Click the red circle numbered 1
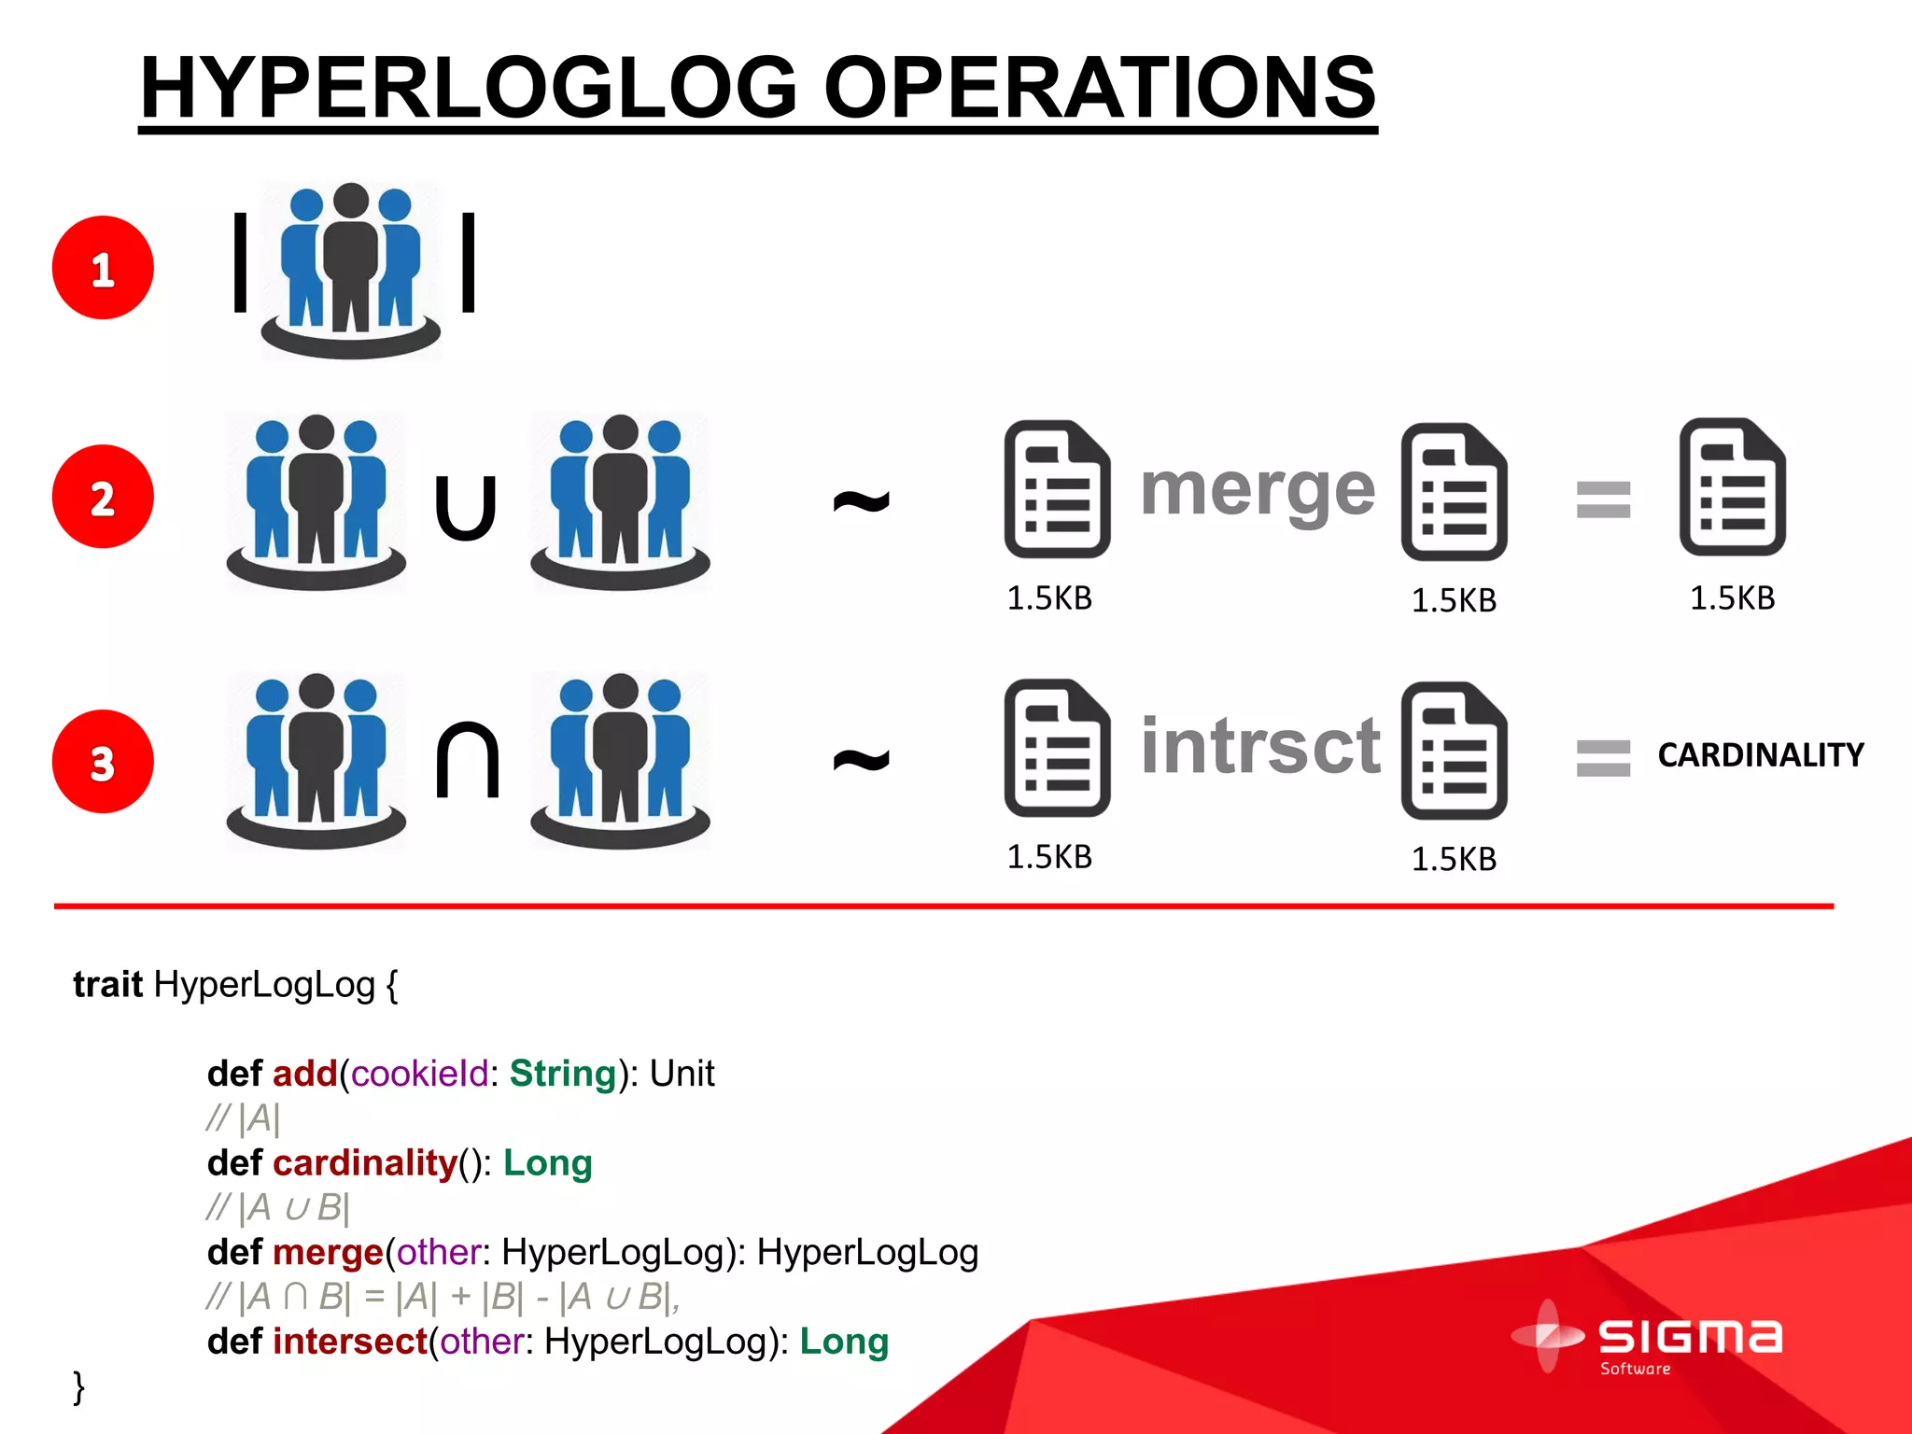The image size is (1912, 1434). pyautogui.click(x=103, y=268)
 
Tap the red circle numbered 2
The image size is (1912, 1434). pyautogui.click(x=103, y=496)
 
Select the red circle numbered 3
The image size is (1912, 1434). pyautogui.click(x=103, y=761)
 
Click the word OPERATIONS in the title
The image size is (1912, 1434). pyautogui.click(x=1099, y=88)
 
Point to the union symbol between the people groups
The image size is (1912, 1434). pyautogui.click(x=466, y=508)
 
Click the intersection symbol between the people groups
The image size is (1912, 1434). pyautogui.click(x=467, y=760)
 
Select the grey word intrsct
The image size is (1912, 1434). pyautogui.click(x=1260, y=746)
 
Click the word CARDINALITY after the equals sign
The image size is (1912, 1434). pyautogui.click(x=1760, y=754)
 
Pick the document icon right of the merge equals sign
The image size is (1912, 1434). pyautogui.click(x=1732, y=486)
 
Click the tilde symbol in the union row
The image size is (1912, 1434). pyautogui.click(x=861, y=501)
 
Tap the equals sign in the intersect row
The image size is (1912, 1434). pyautogui.click(x=1603, y=757)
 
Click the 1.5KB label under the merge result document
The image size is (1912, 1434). pyautogui.click(x=1732, y=597)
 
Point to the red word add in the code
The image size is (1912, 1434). pyautogui.click(x=304, y=1074)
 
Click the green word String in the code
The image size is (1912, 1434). pyautogui.click(x=562, y=1074)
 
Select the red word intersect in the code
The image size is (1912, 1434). pyautogui.click(x=350, y=1342)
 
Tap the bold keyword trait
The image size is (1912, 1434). pyautogui.click(x=107, y=984)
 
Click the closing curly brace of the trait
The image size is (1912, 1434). pyautogui.click(x=79, y=1386)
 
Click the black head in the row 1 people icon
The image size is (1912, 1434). pyautogui.click(x=351, y=201)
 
